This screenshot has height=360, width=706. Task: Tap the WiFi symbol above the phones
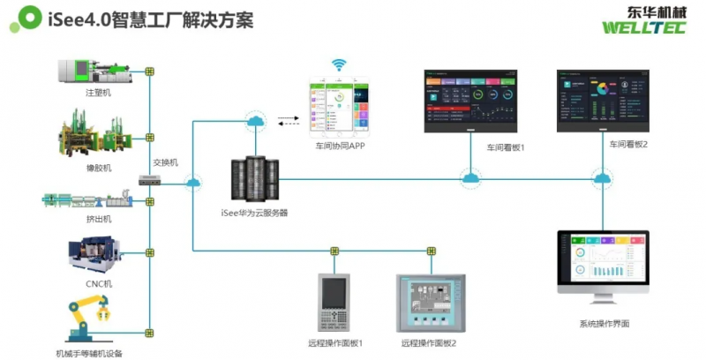(338, 65)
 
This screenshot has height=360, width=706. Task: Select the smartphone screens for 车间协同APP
(337, 108)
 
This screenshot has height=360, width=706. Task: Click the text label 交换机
(165, 162)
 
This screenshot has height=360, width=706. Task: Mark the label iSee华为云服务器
(254, 213)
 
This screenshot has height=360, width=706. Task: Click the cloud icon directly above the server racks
(254, 123)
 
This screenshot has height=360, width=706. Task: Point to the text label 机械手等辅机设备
(88, 353)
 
